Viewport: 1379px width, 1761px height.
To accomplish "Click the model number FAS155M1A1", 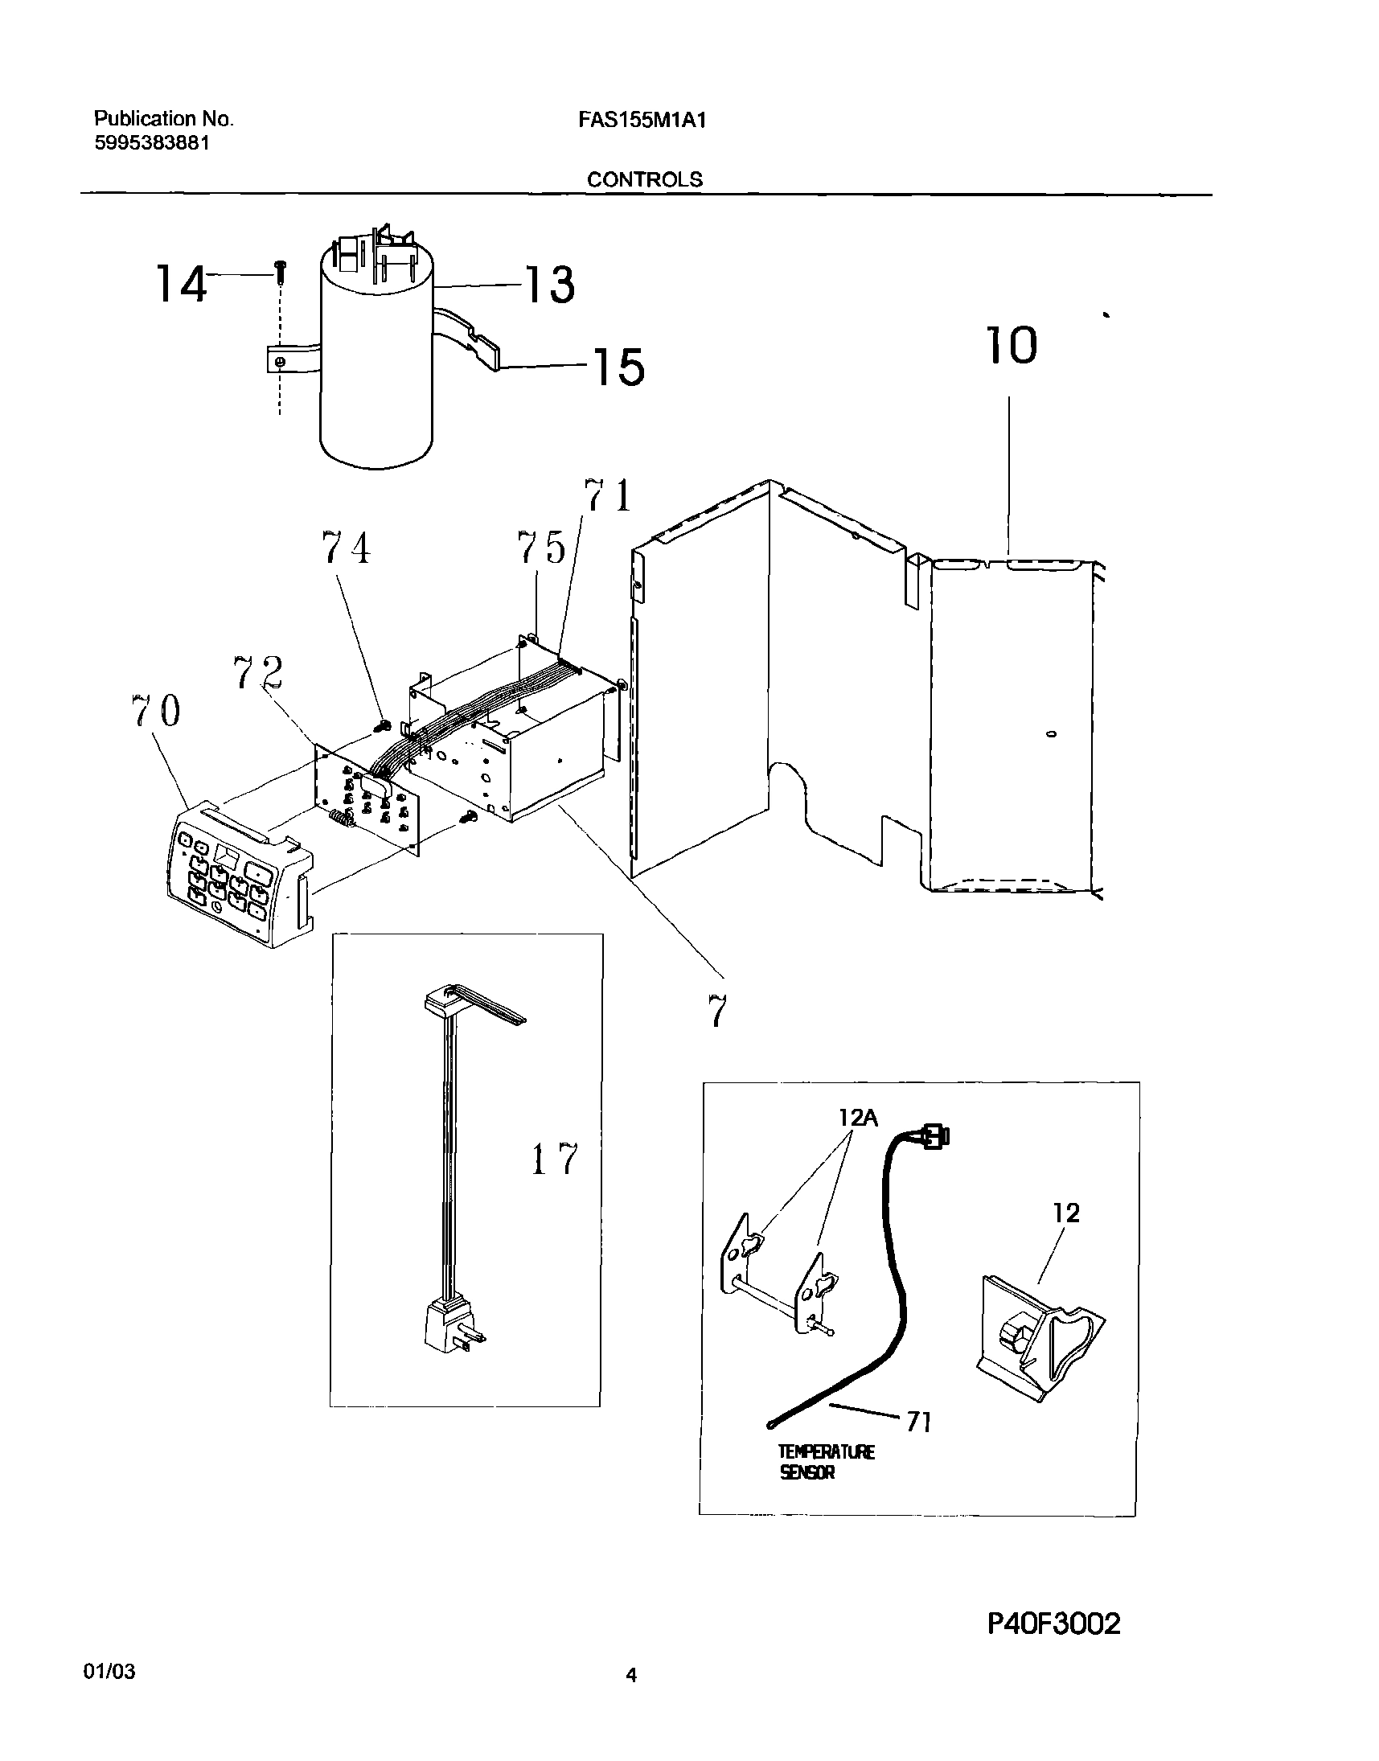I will click(x=642, y=121).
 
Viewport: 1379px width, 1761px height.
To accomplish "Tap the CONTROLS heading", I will click(x=644, y=179).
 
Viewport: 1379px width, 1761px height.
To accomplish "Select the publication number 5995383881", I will click(x=153, y=143).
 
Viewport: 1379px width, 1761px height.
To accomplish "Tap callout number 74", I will click(x=347, y=548).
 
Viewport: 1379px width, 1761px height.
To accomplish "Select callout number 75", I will click(x=541, y=548).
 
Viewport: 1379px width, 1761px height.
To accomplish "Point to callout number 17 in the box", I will click(x=556, y=1160).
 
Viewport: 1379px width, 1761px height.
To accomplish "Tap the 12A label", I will click(x=857, y=1118).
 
